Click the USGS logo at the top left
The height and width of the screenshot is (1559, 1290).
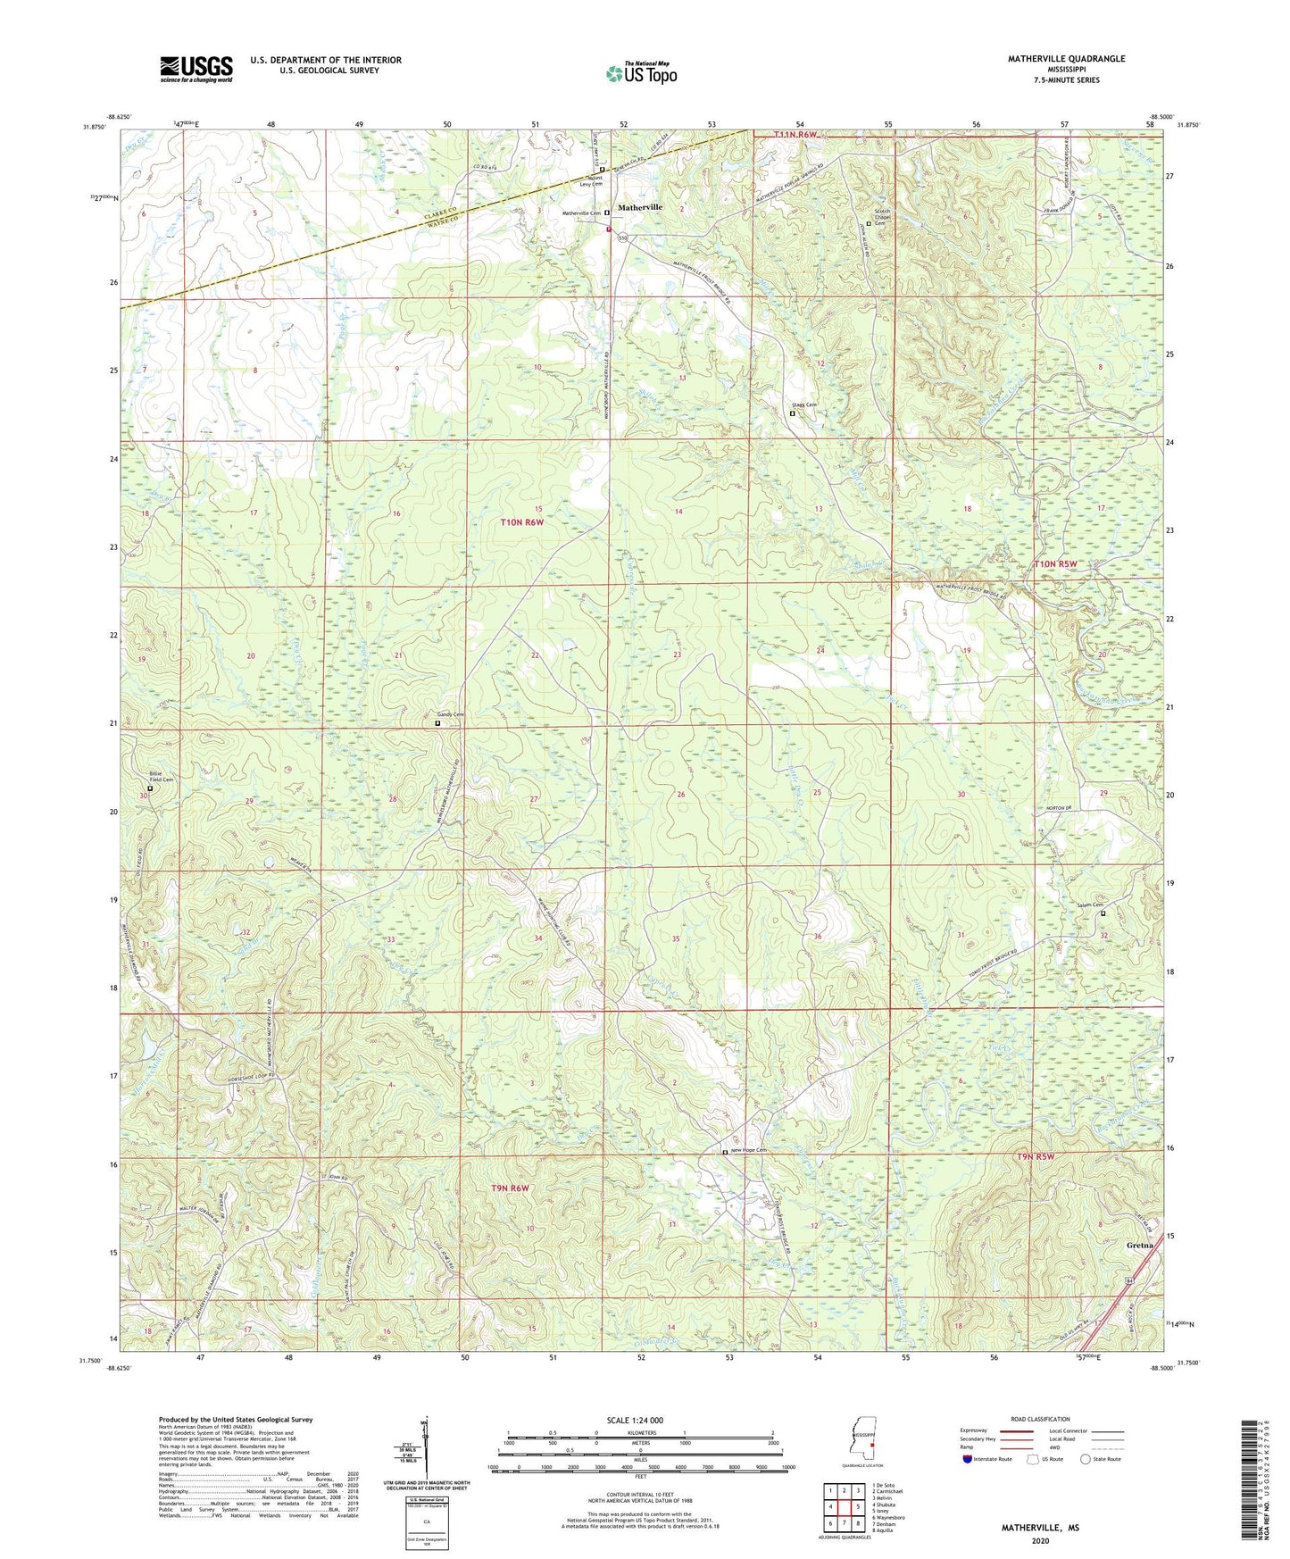pyautogui.click(x=196, y=69)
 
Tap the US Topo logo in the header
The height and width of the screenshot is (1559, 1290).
pyautogui.click(x=641, y=73)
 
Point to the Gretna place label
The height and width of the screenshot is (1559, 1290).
pyautogui.click(x=1139, y=1245)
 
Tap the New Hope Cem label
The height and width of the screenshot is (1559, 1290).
pyautogui.click(x=748, y=1150)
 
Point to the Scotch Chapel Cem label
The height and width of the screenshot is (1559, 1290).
pyautogui.click(x=882, y=217)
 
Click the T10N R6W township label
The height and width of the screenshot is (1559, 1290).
pyautogui.click(x=522, y=522)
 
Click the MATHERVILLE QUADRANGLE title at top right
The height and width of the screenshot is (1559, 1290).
pyautogui.click(x=1066, y=59)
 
